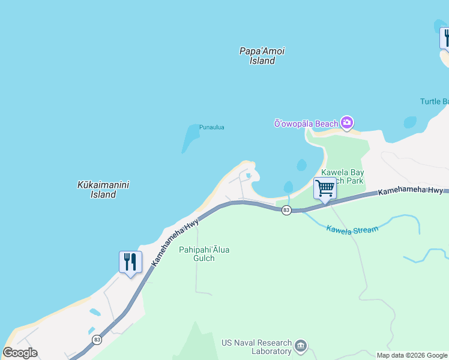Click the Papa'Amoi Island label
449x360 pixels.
tap(262, 56)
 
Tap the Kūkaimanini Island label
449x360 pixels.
tap(103, 190)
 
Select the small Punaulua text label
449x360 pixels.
tap(211, 127)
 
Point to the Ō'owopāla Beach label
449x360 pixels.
tap(306, 124)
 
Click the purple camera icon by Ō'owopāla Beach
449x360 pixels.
tap(346, 123)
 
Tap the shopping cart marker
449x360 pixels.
tap(325, 189)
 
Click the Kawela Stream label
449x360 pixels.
tap(352, 229)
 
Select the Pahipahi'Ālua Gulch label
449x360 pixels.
tap(204, 254)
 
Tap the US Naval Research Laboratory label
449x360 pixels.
tap(255, 347)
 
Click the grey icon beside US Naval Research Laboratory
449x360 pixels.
tap(301, 346)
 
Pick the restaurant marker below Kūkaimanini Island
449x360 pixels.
tap(130, 262)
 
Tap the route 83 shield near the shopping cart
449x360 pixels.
tap(286, 210)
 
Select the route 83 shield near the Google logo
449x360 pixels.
tap(97, 340)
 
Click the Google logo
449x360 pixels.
tap(20, 353)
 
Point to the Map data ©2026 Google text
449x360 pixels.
tap(412, 355)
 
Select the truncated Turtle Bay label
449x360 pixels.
tap(434, 101)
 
